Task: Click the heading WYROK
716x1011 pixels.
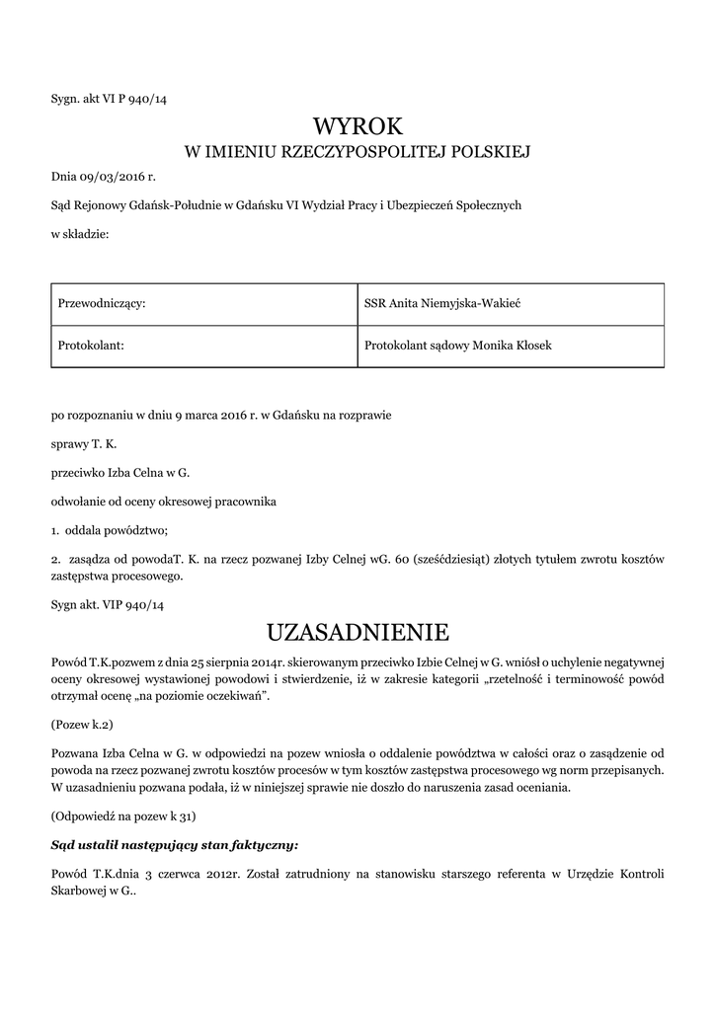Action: click(x=358, y=125)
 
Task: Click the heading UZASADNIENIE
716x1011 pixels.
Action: click(x=358, y=631)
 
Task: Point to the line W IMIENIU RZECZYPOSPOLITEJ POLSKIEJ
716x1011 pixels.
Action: click(x=358, y=152)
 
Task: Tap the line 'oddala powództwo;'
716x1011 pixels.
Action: click(x=118, y=530)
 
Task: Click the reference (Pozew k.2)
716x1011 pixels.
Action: click(x=83, y=724)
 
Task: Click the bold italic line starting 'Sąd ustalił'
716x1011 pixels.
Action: click(x=174, y=845)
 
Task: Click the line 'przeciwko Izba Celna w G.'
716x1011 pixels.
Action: click(x=120, y=473)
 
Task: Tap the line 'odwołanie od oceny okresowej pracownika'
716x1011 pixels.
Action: click(x=164, y=502)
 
